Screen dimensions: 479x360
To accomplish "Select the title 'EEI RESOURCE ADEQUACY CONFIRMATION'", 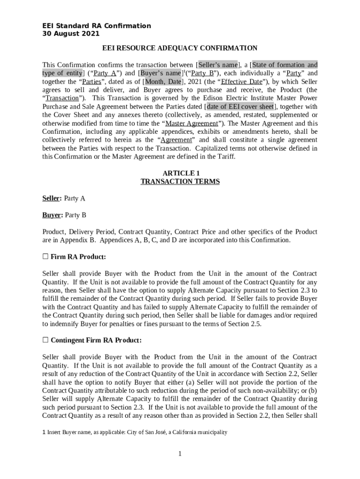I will [x=180, y=48].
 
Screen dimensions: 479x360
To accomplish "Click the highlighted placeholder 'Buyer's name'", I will [x=160, y=73].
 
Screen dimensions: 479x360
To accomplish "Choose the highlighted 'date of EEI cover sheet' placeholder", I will [x=239, y=107].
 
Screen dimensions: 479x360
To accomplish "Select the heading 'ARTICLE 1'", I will [x=180, y=173].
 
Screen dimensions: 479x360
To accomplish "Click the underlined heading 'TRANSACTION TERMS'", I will [x=180, y=181].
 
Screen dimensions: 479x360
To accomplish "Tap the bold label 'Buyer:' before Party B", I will [x=52, y=215].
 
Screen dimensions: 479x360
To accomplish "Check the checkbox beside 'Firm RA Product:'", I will [x=45, y=257].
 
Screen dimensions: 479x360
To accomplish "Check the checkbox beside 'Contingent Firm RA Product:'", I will [x=45, y=340].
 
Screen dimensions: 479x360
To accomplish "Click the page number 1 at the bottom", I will [x=180, y=454].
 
